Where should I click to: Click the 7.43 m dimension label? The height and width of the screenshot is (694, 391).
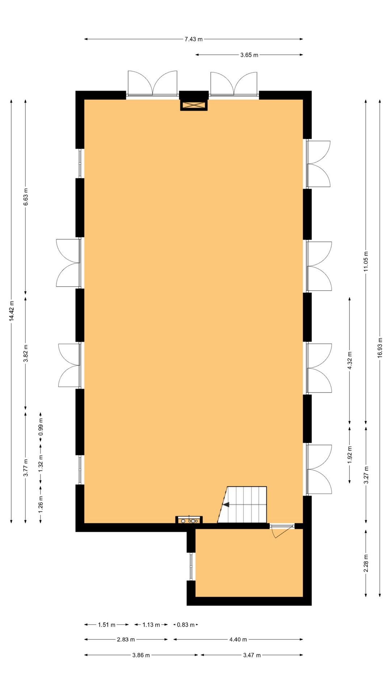194,39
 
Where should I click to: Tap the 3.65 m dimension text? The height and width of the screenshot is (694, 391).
249,55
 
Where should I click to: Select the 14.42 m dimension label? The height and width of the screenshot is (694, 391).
12,311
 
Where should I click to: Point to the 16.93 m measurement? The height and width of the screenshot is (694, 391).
380,348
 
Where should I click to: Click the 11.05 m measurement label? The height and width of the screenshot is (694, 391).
366,261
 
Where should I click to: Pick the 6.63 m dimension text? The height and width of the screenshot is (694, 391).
26,197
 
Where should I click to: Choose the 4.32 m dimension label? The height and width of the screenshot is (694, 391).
349,360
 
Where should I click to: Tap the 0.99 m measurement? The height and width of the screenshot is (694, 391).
41,427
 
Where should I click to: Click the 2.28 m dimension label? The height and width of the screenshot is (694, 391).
366,563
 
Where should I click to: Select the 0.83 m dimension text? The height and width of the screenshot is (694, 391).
185,625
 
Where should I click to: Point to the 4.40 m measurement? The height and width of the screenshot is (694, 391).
238,639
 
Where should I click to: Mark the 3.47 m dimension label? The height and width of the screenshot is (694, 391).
252,655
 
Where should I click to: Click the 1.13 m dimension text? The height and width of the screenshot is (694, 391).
151,625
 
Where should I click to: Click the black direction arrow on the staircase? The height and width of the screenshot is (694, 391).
226,505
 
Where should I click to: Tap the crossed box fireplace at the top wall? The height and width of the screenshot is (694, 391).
194,105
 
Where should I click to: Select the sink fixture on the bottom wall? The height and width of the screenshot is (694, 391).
189,520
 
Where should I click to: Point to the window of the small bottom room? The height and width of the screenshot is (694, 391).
191,566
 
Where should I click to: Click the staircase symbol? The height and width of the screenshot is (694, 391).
244,505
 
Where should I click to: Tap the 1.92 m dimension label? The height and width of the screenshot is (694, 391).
349,455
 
